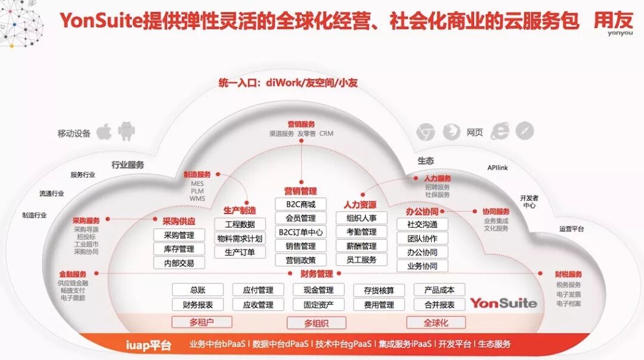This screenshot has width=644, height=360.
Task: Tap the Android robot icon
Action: pyautogui.click(x=126, y=131)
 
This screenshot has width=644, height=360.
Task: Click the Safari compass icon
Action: pyautogui.click(x=525, y=131)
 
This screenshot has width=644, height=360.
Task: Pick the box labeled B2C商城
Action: pyautogui.click(x=301, y=204)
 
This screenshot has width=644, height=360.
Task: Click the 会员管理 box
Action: pyautogui.click(x=301, y=218)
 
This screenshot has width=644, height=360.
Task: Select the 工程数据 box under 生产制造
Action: pyautogui.click(x=240, y=224)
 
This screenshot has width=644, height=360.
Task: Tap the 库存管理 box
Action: pyautogui.click(x=179, y=249)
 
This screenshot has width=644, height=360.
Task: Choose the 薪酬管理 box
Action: pyautogui.click(x=361, y=246)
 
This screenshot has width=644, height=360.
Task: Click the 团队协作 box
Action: pyautogui.click(x=422, y=238)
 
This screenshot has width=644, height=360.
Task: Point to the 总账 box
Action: pyautogui.click(x=198, y=290)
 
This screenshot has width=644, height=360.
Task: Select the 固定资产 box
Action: pyautogui.click(x=318, y=305)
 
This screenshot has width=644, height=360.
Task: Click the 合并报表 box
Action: pyautogui.click(x=439, y=305)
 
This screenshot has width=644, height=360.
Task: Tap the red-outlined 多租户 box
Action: pyautogui.click(x=202, y=322)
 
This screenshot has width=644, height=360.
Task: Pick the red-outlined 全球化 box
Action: pyautogui.click(x=436, y=322)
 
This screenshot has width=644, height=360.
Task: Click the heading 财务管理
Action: pyautogui.click(x=317, y=274)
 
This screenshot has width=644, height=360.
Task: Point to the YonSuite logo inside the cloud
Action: pyautogui.click(x=503, y=303)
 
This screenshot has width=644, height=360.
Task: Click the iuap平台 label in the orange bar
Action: pyautogui.click(x=148, y=345)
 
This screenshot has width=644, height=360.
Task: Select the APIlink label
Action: pyautogui.click(x=497, y=168)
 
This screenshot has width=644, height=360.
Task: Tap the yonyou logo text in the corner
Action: pyautogui.click(x=620, y=33)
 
